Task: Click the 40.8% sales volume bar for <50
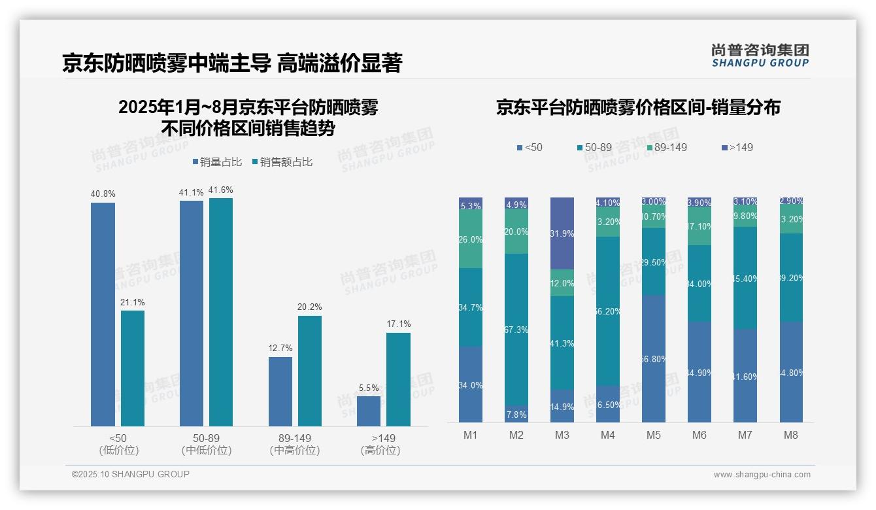click(103, 314)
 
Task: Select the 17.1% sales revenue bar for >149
click(398, 379)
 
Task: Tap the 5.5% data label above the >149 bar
click(369, 388)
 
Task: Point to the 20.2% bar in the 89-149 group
click(310, 371)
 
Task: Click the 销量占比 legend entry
click(216, 161)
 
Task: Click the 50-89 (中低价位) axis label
click(206, 444)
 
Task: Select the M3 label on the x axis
click(562, 435)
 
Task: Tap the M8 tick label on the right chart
click(790, 435)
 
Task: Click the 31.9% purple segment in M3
click(562, 233)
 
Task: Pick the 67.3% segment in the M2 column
click(516, 330)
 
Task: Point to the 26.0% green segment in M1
click(471, 239)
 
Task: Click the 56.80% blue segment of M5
click(654, 358)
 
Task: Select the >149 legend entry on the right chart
click(737, 147)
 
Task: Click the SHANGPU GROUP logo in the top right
click(760, 55)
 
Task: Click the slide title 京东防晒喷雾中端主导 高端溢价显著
click(232, 63)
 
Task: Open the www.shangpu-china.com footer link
click(762, 475)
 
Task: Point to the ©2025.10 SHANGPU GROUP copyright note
click(131, 474)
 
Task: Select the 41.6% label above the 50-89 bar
click(220, 190)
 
